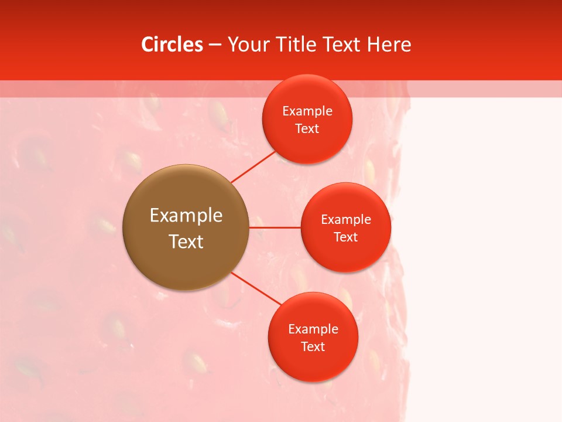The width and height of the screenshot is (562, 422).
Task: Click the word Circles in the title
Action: [x=172, y=45]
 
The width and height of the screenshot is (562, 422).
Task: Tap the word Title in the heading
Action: [x=298, y=45]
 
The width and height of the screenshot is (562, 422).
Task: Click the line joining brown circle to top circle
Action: [x=253, y=166]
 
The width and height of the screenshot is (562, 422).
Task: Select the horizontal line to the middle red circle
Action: [x=275, y=227]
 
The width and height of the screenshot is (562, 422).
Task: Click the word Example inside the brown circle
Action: [x=186, y=216]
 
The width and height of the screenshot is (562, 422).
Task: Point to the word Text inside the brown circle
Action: [x=186, y=241]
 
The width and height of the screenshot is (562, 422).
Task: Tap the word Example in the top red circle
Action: [x=307, y=111]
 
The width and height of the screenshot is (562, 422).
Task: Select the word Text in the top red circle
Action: [x=307, y=129]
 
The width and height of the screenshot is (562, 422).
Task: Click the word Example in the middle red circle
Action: [x=346, y=220]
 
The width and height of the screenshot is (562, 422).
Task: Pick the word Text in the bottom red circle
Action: [x=313, y=347]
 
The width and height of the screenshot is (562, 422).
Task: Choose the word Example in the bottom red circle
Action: [x=313, y=329]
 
